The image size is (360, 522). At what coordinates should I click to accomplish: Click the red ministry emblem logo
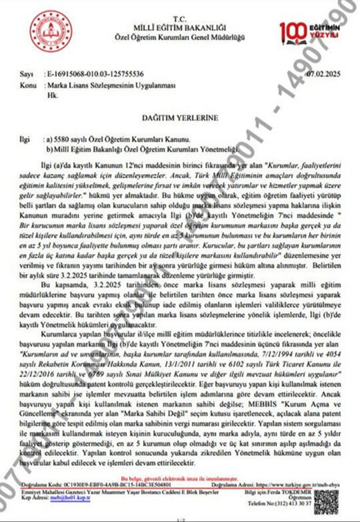[51, 32]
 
